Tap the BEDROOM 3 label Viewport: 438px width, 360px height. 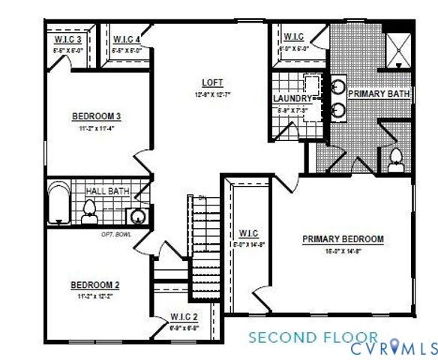tap(97, 116)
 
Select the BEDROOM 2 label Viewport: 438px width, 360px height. tap(95, 285)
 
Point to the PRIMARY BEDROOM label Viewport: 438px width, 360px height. tap(343, 239)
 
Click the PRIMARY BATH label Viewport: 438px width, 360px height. tap(378, 94)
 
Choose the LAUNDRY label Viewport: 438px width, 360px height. tap(291, 98)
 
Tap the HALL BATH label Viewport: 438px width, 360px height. tap(108, 192)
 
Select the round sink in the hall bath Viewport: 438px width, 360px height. tap(137, 217)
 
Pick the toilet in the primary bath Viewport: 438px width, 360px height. tap(395, 158)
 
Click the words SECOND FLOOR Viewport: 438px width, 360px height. tap(313, 337)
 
